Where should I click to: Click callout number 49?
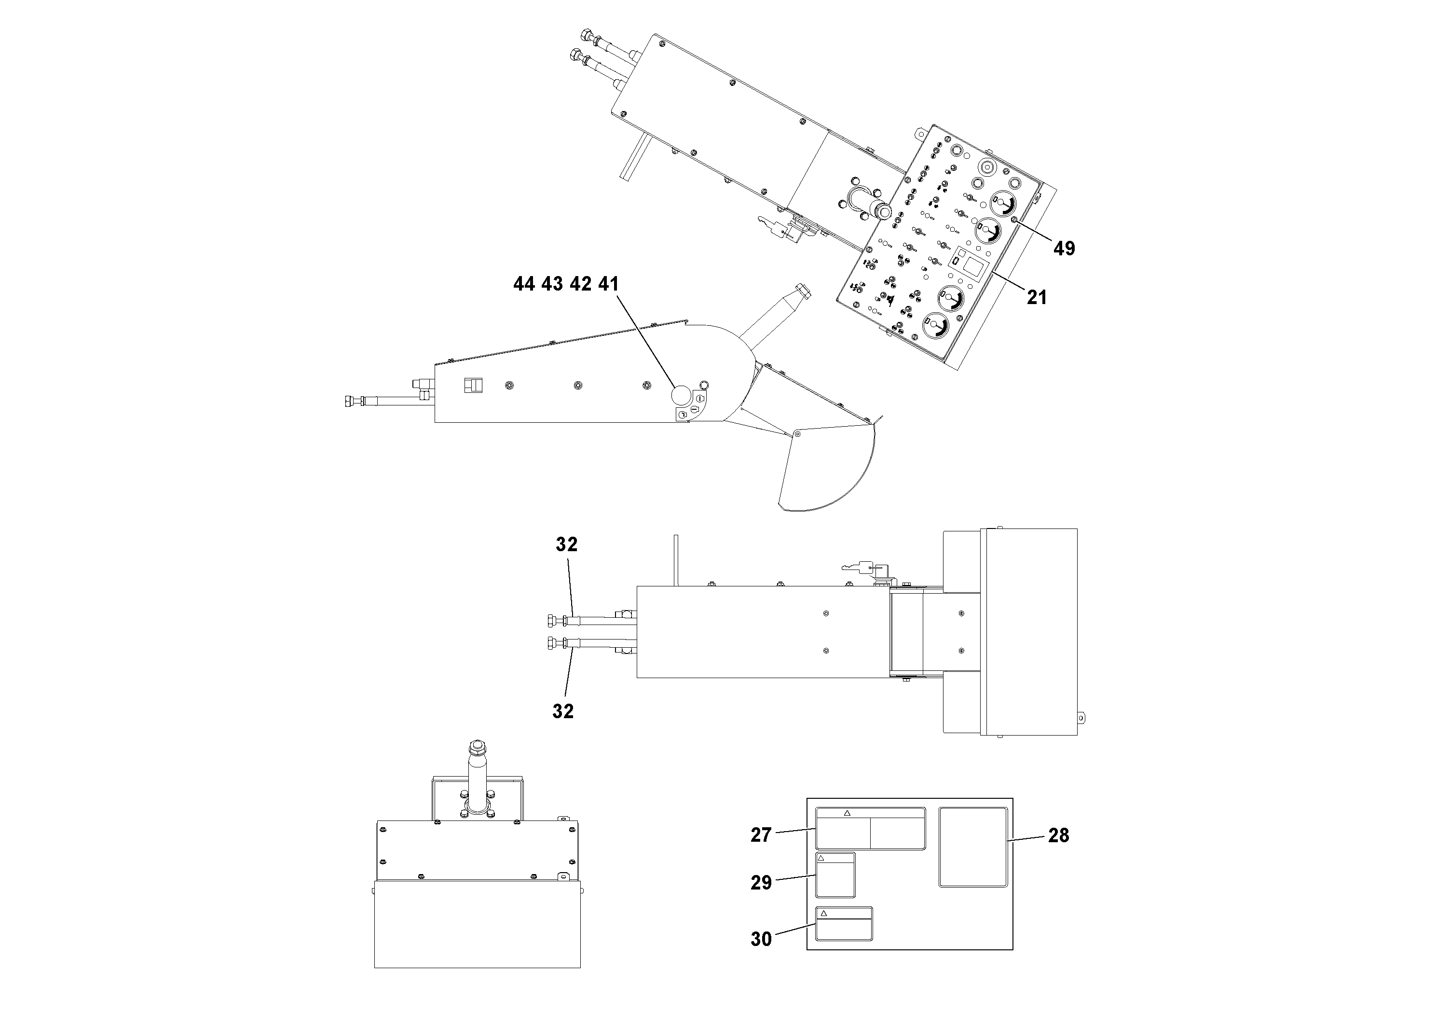point(1064,249)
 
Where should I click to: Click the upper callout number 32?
point(567,545)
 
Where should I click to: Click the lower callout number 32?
point(563,711)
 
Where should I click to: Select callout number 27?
point(761,835)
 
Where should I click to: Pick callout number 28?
point(1058,835)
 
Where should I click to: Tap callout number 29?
point(761,883)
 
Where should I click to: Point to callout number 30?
point(761,939)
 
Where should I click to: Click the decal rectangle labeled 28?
point(972,847)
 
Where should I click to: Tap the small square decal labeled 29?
point(835,875)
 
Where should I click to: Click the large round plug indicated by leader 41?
point(681,395)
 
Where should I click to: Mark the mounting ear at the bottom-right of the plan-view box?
point(1082,718)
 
